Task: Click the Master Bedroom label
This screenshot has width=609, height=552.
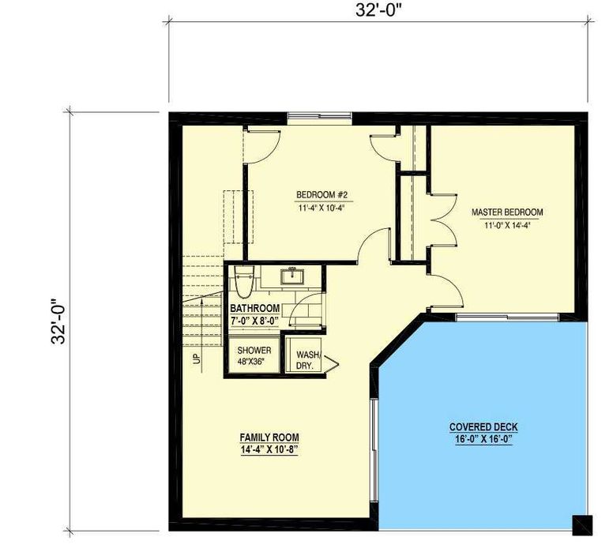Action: click(507, 212)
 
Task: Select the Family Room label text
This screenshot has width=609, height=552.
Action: click(269, 437)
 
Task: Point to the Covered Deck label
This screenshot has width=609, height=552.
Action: click(483, 427)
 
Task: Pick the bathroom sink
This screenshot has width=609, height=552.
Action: click(292, 276)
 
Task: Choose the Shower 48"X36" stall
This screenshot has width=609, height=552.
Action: click(254, 355)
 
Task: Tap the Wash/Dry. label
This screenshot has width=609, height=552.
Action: click(309, 360)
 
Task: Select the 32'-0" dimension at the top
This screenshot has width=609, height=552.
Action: click(378, 10)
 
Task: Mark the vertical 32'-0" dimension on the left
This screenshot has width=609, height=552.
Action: click(59, 321)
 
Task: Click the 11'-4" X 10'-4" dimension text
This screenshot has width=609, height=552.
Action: click(321, 208)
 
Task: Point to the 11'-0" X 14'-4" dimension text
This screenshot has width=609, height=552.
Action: click(507, 226)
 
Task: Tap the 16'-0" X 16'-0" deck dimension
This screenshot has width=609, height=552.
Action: click(483, 440)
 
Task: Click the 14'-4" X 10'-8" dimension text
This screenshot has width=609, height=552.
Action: click(269, 450)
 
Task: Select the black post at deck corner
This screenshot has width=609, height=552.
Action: click(583, 525)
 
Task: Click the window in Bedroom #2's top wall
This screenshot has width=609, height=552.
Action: click(320, 115)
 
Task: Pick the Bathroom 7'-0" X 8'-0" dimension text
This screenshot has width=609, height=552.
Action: click(255, 321)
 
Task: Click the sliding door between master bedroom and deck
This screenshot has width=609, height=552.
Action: click(507, 317)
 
